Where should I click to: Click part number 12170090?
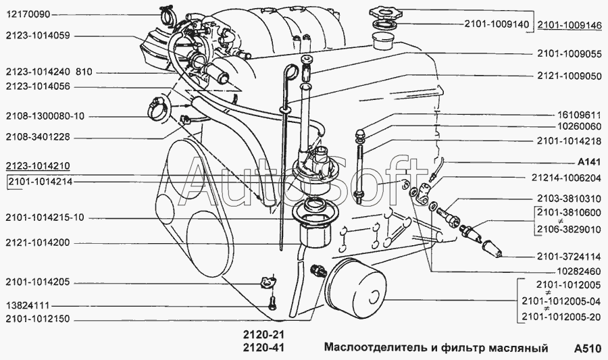click(x=28, y=15)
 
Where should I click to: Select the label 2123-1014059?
click(x=38, y=36)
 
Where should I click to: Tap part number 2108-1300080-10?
click(x=45, y=116)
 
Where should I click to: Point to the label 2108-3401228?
click(x=38, y=137)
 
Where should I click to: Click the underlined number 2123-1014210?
click(x=38, y=166)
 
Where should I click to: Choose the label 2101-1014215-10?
click(x=45, y=217)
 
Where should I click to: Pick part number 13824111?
click(x=28, y=306)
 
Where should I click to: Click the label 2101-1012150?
click(x=38, y=319)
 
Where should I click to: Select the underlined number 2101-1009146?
click(x=569, y=26)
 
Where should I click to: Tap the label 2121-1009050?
click(x=569, y=76)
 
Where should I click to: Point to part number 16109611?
click(x=580, y=115)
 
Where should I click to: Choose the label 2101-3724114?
click(x=569, y=257)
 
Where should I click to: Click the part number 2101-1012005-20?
click(x=562, y=317)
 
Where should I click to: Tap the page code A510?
click(x=588, y=349)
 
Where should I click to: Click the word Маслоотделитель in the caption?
click(x=376, y=348)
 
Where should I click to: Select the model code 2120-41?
click(x=263, y=348)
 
